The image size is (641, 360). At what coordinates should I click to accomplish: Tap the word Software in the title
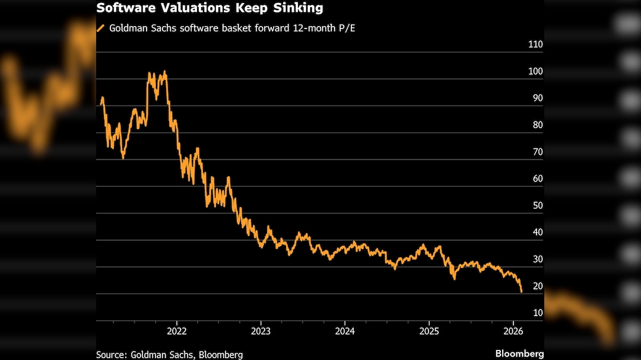tap(122, 8)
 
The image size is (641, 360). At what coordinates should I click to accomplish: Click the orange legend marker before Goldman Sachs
tap(100, 28)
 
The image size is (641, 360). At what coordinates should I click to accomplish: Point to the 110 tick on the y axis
tap(535, 44)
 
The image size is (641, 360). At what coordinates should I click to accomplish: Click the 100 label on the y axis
tap(535, 71)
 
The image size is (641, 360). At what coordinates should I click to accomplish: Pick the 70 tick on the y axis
tap(538, 152)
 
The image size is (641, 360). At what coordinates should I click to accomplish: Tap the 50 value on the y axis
tap(538, 205)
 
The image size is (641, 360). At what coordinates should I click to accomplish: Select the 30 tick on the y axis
tap(538, 259)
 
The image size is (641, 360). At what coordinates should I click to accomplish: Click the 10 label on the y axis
tap(538, 313)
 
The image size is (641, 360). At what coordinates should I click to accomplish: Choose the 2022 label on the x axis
tap(177, 330)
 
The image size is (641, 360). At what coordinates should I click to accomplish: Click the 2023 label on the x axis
tap(261, 330)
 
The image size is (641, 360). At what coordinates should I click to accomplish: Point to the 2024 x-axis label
tap(345, 330)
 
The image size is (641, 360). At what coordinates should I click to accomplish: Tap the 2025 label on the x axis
tap(429, 330)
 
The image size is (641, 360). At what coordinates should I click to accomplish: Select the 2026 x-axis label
tap(513, 330)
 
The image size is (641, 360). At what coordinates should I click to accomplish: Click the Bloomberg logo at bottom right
tap(519, 353)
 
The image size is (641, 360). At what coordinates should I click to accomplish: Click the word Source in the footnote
tap(110, 355)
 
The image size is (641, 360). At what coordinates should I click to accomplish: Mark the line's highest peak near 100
tap(164, 72)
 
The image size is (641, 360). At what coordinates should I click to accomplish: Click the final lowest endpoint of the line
tap(521, 292)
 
